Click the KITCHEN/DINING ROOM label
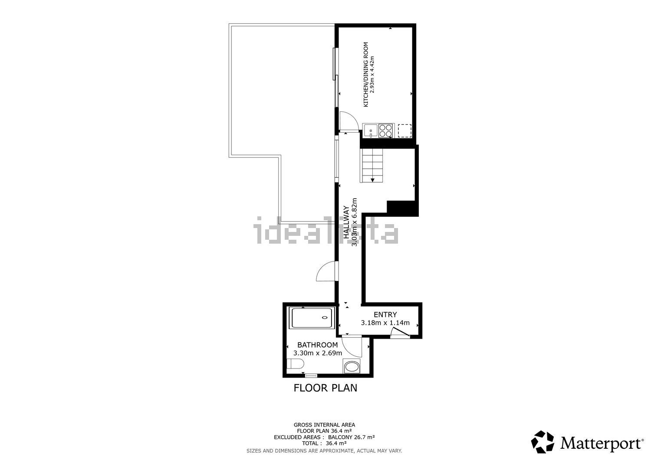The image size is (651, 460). click(365, 74)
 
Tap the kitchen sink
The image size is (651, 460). click(370, 130)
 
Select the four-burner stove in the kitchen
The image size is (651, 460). click(386, 130)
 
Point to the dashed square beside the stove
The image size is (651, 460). click(404, 130)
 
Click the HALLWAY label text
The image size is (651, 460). click(346, 222)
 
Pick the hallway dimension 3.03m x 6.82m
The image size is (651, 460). click(354, 222)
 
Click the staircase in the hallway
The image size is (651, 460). click(372, 166)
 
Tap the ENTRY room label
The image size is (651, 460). click(385, 314)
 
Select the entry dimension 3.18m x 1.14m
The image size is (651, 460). click(385, 323)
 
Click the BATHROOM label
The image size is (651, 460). click(317, 345)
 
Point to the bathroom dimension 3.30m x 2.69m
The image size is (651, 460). click(317, 353)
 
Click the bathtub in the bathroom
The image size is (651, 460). click(312, 318)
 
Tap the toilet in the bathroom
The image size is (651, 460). click(295, 364)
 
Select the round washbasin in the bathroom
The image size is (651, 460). click(352, 367)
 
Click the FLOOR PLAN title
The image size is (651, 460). click(325, 388)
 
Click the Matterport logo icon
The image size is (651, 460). click(542, 442)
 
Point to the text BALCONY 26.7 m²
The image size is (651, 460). click(352, 437)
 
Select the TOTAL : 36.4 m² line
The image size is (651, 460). click(324, 443)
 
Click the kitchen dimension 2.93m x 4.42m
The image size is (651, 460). click(372, 74)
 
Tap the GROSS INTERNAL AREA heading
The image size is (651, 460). click(324, 425)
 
